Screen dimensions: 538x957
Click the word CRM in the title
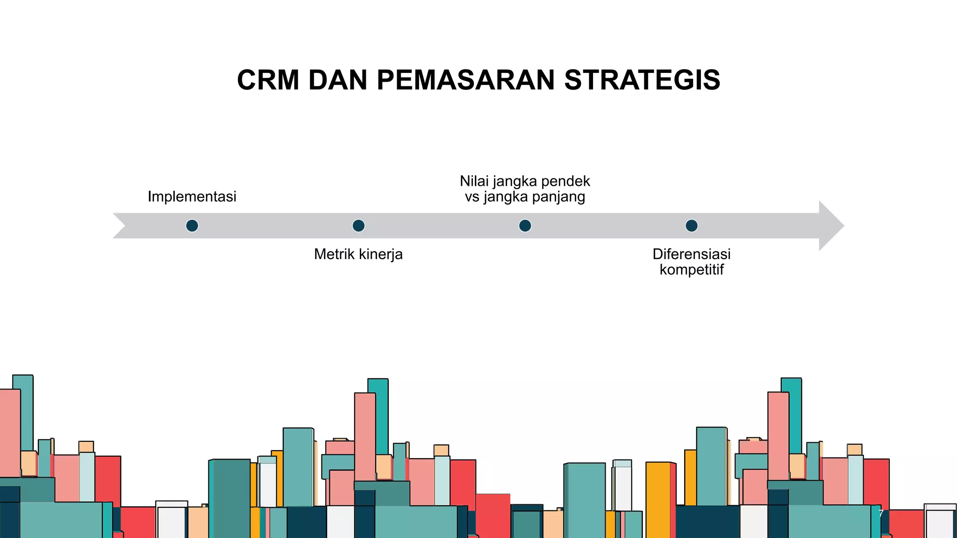click(x=268, y=80)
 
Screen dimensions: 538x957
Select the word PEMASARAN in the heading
click(x=465, y=80)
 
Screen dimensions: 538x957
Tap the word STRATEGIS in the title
click(x=642, y=80)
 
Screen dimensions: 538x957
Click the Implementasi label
click(x=192, y=197)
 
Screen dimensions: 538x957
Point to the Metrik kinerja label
click(x=358, y=254)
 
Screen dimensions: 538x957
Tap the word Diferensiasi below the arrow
click(x=691, y=254)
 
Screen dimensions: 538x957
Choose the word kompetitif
click(x=691, y=269)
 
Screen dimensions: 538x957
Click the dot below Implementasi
click(x=192, y=226)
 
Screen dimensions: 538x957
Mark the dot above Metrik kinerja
click(x=358, y=226)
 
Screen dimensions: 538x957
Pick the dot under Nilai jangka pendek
click(x=525, y=226)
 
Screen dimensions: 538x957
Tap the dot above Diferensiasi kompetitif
click(x=692, y=226)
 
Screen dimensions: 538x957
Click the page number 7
click(x=881, y=514)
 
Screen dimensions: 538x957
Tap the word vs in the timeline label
click(x=472, y=197)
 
